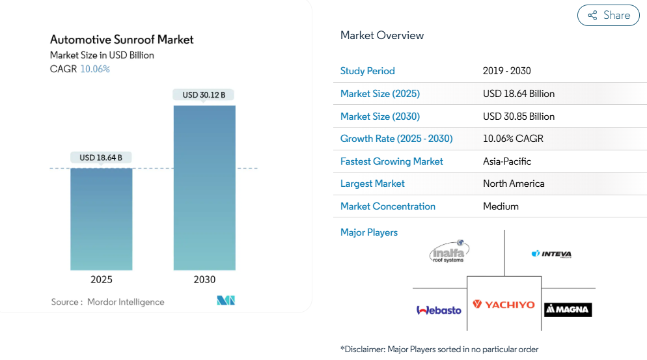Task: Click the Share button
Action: tap(609, 16)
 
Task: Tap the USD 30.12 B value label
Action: tap(204, 95)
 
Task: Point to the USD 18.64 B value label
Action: tap(101, 158)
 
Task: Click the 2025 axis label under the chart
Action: tap(101, 280)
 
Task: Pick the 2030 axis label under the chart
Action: tap(204, 280)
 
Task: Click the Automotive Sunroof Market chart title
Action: tap(122, 40)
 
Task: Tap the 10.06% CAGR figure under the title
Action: tap(95, 69)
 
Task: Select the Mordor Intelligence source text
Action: tap(126, 302)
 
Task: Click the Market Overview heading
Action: tap(382, 35)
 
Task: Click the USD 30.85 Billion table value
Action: tap(519, 117)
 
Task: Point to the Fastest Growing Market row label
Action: tap(391, 161)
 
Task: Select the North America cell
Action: tap(514, 184)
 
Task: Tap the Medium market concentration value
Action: tap(501, 206)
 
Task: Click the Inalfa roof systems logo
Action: tap(449, 252)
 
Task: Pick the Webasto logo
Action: tap(439, 310)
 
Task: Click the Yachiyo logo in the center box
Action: tap(504, 305)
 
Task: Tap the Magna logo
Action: tap(568, 310)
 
